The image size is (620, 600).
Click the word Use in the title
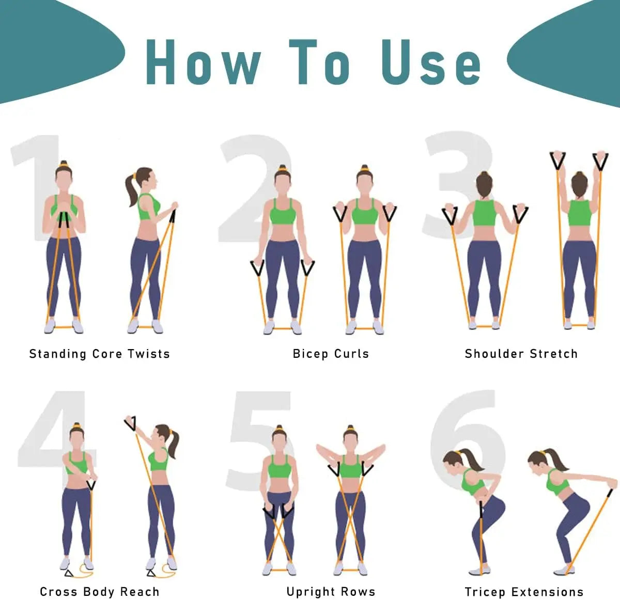(x=431, y=62)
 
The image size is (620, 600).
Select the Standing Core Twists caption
(x=99, y=354)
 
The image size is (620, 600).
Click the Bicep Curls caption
(x=331, y=354)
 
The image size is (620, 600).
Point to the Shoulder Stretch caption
(x=521, y=354)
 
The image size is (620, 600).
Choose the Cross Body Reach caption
(x=99, y=591)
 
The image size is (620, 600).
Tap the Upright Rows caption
(x=331, y=591)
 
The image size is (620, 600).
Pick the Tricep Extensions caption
(x=524, y=591)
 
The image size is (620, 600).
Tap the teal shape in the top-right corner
(x=568, y=52)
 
